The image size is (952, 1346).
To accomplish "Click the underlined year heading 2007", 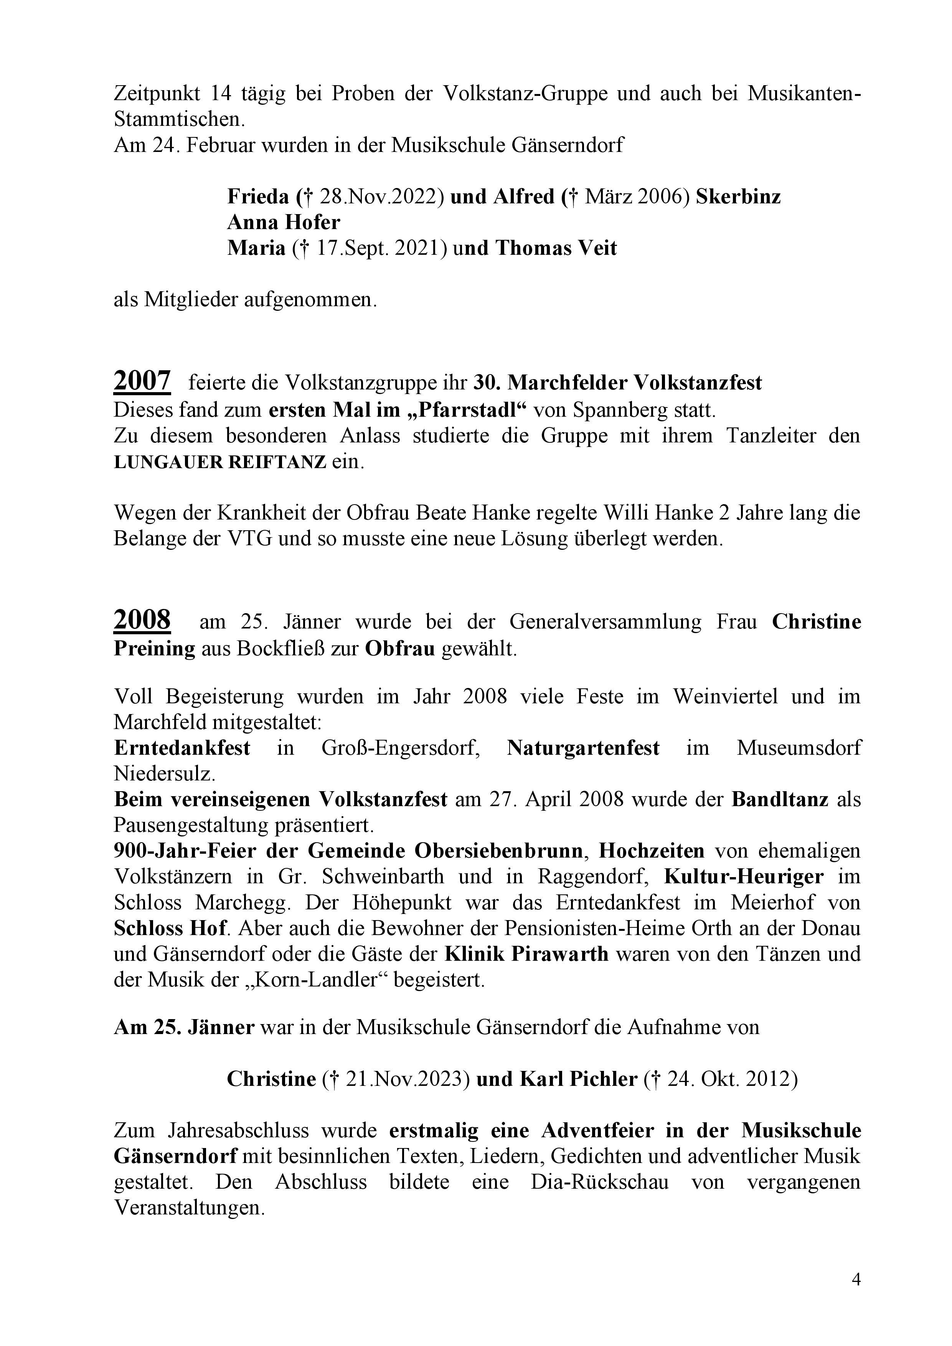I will [142, 382].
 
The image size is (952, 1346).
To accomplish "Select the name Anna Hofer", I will [284, 222].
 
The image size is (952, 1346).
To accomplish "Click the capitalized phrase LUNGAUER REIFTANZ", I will [220, 462].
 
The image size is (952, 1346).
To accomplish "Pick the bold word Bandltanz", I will [780, 799].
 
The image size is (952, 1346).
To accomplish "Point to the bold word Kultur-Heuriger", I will [743, 876].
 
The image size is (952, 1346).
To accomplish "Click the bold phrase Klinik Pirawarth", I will [526, 954].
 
